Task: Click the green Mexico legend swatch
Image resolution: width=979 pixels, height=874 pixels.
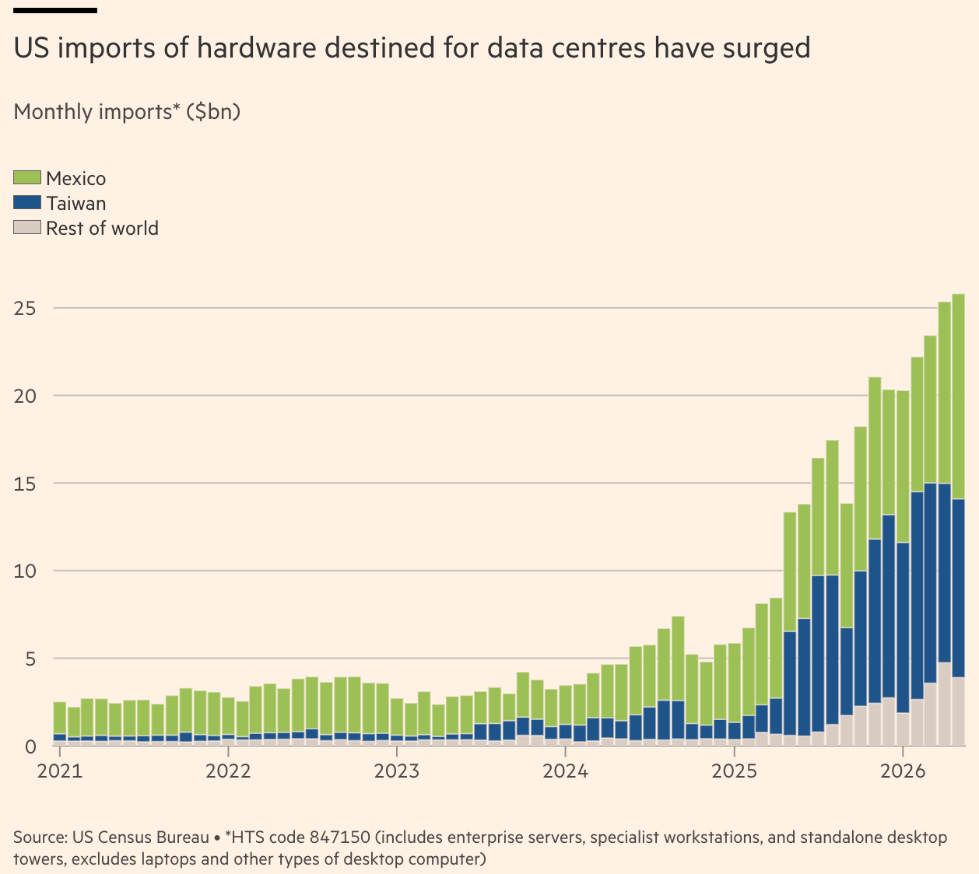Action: point(27,177)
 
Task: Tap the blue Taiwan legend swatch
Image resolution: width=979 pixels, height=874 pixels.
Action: point(27,202)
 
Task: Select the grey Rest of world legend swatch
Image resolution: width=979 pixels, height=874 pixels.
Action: point(27,227)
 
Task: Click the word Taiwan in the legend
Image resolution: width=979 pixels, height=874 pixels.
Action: point(75,203)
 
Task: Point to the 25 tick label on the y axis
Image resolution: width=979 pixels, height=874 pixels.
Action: point(25,308)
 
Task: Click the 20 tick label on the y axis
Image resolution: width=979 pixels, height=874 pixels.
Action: point(25,396)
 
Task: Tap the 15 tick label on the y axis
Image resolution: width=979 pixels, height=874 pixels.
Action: point(25,484)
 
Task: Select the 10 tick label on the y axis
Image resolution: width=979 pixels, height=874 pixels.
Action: point(25,572)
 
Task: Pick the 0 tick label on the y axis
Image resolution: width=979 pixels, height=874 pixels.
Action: point(30,746)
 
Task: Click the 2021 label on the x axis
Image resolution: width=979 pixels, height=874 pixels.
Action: point(60,771)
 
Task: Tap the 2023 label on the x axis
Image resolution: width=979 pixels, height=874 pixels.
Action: point(397,771)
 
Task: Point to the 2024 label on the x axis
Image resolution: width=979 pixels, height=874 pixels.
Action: point(565,771)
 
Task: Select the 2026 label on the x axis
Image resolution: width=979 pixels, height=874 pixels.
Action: point(903,771)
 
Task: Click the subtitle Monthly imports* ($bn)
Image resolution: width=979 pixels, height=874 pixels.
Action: point(127,112)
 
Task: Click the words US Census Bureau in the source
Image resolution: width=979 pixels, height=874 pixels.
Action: point(141,837)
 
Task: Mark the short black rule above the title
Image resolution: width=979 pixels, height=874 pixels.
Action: point(55,10)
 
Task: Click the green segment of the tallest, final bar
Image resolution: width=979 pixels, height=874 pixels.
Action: point(958,397)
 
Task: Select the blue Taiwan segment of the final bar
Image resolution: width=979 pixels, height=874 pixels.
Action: point(958,588)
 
